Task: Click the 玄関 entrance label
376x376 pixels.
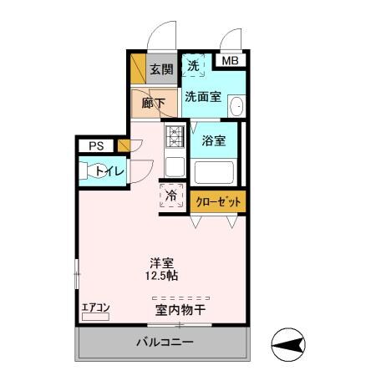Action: [x=160, y=70]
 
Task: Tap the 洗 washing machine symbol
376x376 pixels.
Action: [x=194, y=65]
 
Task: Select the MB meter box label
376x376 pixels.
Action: [x=230, y=60]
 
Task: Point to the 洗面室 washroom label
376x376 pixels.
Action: [x=203, y=96]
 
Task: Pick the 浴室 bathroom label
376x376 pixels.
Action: [x=215, y=140]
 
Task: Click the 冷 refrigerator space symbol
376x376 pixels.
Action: [x=171, y=198]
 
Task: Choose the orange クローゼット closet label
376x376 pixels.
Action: [x=219, y=201]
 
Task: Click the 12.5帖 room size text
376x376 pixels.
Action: [x=162, y=276]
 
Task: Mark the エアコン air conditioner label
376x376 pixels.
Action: [x=95, y=308]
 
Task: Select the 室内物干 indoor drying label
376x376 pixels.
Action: [x=180, y=310]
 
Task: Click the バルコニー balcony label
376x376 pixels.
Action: [x=165, y=343]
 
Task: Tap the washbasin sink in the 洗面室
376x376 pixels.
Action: [x=236, y=106]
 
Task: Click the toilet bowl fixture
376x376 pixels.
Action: [x=87, y=171]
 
